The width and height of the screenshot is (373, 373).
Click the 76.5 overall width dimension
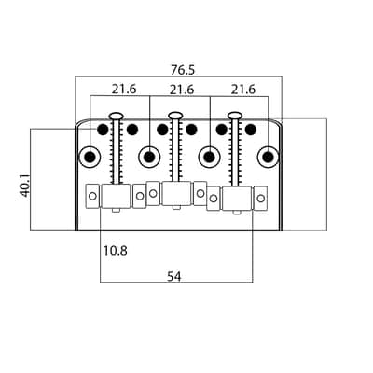pos(183,70)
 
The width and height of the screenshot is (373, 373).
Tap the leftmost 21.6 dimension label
pos(124,90)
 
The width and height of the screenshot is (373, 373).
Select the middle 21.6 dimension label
pos(182,90)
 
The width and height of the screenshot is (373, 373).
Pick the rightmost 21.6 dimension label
pos(242,90)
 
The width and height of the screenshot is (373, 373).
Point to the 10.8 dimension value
pos(115,251)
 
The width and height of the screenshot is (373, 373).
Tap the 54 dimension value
pos(174,276)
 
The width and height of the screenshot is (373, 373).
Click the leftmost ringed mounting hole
pos(90,157)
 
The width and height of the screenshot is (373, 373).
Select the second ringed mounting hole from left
pos(149,157)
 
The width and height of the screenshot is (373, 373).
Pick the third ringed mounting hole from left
pos(209,157)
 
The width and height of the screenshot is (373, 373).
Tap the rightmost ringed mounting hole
pos(268,157)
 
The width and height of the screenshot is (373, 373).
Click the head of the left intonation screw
pos(117,116)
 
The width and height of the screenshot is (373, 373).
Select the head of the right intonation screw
pos(235,116)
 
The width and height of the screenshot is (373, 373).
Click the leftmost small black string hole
pos(103,130)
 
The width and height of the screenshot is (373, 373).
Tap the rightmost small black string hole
pos(251,130)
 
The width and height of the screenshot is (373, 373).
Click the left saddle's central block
pos(116,196)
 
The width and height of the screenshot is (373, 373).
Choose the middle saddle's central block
pos(176,194)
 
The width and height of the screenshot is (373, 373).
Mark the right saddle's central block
pos(237,199)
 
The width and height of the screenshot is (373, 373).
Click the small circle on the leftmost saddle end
pos(92,196)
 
